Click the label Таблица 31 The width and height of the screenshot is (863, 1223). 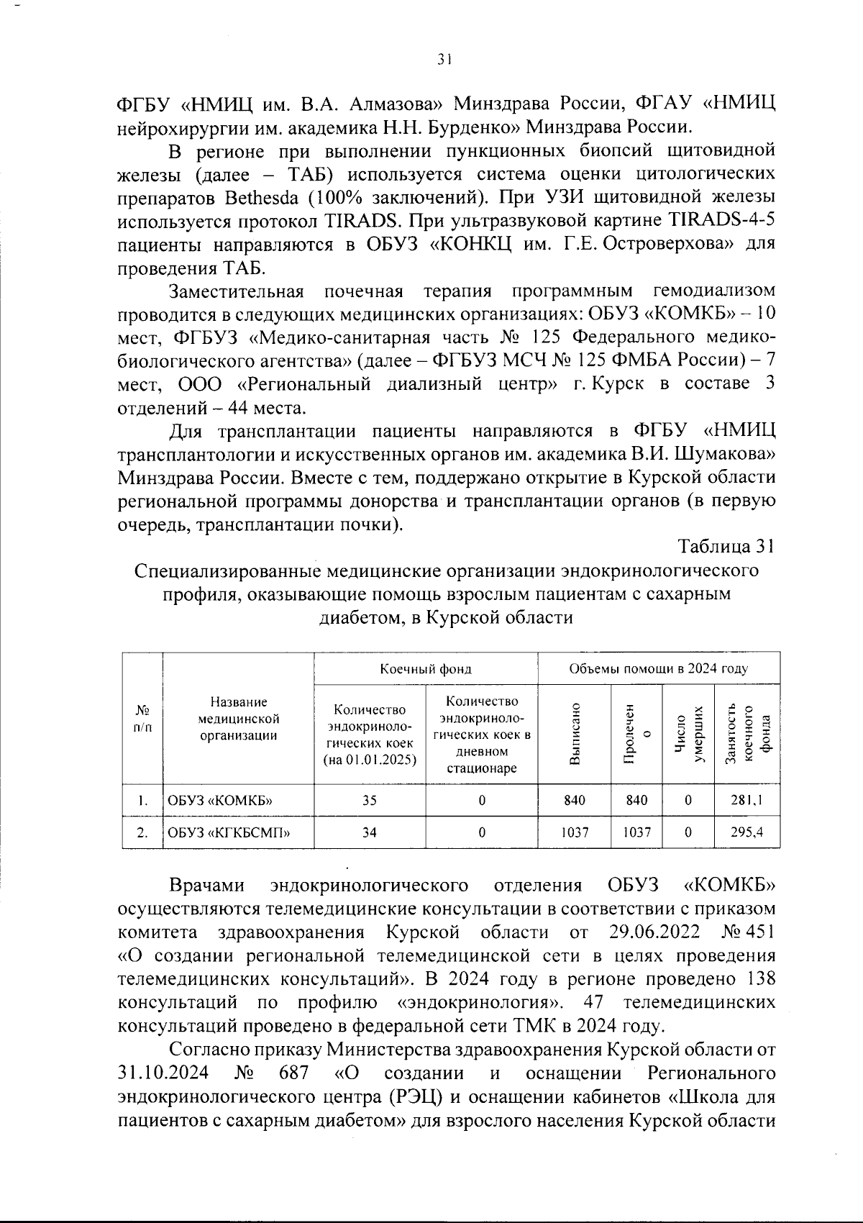[x=726, y=547]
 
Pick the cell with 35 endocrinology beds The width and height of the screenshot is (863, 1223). [x=370, y=800]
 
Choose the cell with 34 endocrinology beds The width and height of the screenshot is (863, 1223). [x=370, y=832]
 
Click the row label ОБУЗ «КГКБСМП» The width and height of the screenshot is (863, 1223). [x=229, y=833]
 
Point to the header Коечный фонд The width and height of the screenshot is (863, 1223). [x=426, y=669]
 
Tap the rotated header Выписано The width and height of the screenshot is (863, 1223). [x=575, y=734]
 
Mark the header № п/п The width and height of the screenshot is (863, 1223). [x=143, y=718]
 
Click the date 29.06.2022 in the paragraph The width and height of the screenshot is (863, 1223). [x=654, y=932]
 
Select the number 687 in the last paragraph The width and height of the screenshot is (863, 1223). [x=293, y=1073]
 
